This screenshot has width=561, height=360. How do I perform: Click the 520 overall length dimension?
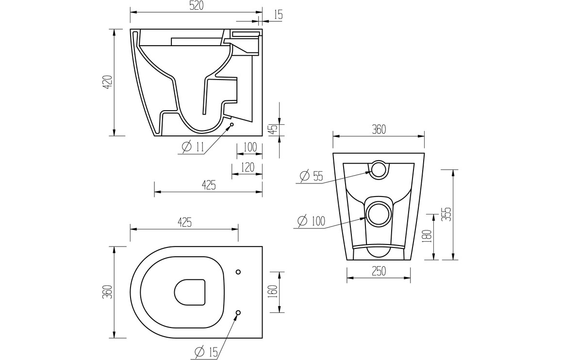pyautogui.click(x=196, y=6)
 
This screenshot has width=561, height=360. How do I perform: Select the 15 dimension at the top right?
pyautogui.click(x=278, y=15)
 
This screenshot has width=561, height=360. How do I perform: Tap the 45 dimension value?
pyautogui.click(x=273, y=129)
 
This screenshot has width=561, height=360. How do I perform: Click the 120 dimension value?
pyautogui.click(x=247, y=167)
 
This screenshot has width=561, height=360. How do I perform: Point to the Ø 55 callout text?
pyautogui.click(x=311, y=176)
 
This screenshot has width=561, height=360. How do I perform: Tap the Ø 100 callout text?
pyautogui.click(x=311, y=221)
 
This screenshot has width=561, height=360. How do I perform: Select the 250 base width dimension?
pyautogui.click(x=379, y=272)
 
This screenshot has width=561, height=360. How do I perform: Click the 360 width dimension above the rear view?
pyautogui.click(x=379, y=129)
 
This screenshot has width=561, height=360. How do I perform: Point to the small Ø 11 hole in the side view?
pyautogui.click(x=231, y=125)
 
